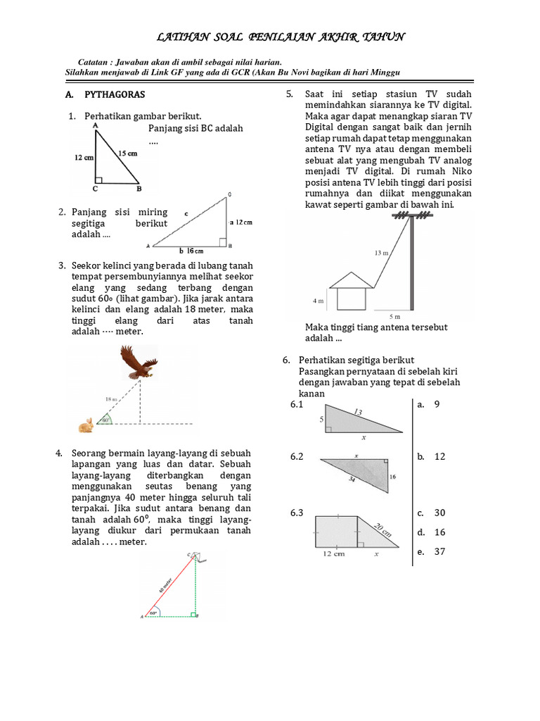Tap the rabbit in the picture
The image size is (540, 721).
(x=86, y=425)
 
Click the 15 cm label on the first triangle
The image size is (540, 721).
(x=127, y=153)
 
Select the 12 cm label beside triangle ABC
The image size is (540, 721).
(x=84, y=158)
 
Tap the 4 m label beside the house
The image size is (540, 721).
(x=317, y=301)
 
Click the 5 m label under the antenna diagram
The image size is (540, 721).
(x=395, y=317)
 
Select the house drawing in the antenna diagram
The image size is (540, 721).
(x=352, y=291)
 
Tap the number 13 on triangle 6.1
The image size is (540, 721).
(x=358, y=411)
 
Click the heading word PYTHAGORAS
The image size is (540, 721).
(x=115, y=94)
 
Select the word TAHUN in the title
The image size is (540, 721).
(x=380, y=37)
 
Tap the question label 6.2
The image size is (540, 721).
(x=297, y=457)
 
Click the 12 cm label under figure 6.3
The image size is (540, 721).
(x=334, y=554)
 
